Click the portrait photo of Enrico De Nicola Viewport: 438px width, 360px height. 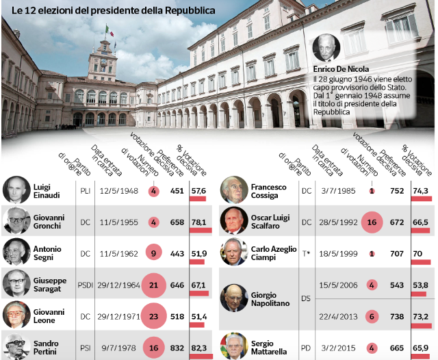coord(326,49)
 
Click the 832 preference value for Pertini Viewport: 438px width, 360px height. coord(177,348)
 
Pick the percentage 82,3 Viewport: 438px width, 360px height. coord(199,348)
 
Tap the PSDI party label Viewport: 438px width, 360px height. coord(85,284)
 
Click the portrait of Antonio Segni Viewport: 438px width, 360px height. coord(16,253)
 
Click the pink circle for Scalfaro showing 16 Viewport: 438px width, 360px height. coord(372,222)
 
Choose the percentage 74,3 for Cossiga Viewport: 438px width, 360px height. coord(420,191)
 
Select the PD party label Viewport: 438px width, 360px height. coord(306,347)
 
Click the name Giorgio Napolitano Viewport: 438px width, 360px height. coord(272,300)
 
